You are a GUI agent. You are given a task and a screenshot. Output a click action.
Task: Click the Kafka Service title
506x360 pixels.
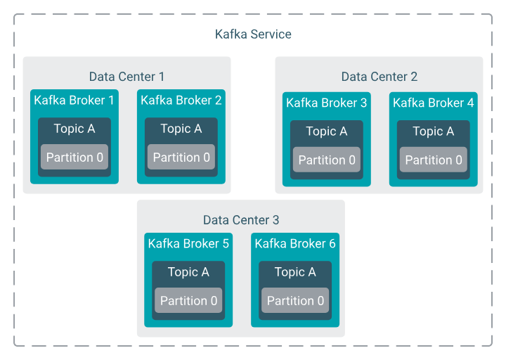(x=253, y=34)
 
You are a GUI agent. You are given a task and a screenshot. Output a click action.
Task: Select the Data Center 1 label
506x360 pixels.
(x=126, y=77)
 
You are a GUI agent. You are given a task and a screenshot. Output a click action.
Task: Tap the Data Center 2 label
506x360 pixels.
(x=379, y=77)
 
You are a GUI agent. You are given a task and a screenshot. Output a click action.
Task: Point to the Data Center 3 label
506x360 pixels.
(x=241, y=220)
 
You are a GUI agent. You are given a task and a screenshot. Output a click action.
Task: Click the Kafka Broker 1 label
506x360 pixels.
(x=74, y=101)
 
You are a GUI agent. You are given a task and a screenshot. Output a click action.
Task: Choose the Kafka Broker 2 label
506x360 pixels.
(x=181, y=101)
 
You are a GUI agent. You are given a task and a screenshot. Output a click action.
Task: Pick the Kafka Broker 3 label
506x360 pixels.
(x=326, y=103)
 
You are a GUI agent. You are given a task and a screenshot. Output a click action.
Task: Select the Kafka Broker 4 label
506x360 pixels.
(x=433, y=103)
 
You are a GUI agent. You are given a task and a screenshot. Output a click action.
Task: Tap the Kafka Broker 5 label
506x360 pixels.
(x=188, y=244)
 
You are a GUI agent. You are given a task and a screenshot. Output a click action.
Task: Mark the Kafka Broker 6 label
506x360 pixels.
(x=295, y=244)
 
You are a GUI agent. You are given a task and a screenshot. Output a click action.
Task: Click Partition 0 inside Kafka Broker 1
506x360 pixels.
(x=74, y=157)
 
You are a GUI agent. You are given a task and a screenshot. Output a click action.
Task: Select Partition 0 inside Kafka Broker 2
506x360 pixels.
(x=181, y=157)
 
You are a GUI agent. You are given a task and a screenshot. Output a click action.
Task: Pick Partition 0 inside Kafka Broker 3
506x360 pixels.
(x=327, y=160)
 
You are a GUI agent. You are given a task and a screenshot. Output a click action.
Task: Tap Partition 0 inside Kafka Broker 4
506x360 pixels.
(x=434, y=160)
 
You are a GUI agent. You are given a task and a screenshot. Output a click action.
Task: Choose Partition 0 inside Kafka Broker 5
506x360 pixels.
(x=188, y=301)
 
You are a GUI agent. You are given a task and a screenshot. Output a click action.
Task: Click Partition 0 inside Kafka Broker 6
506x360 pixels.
(x=295, y=301)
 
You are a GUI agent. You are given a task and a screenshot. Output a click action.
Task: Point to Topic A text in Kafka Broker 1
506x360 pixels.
(x=74, y=129)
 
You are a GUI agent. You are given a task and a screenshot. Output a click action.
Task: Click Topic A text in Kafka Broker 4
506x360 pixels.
(x=434, y=131)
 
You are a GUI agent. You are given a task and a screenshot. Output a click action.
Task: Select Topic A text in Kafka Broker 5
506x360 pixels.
(x=188, y=272)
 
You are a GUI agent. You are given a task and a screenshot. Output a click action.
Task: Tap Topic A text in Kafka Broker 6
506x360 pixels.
(x=295, y=272)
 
